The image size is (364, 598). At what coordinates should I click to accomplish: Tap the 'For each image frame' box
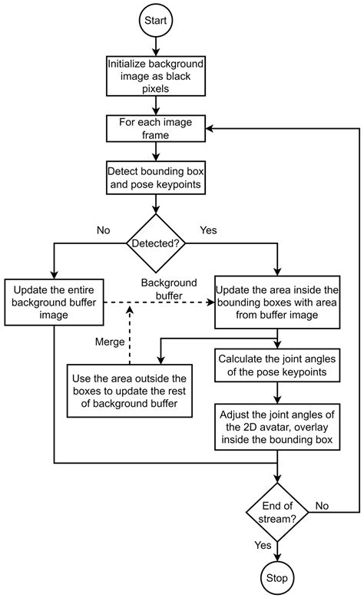pos(157,128)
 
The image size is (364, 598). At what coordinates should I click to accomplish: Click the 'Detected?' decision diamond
pos(157,243)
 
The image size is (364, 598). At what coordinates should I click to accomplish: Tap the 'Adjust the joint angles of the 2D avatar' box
pos(276,428)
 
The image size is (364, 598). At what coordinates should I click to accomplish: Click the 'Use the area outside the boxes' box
pos(128,391)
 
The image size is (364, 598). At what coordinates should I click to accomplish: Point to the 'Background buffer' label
pos(169,289)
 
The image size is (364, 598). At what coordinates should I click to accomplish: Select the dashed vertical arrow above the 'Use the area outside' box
pos(130,333)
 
